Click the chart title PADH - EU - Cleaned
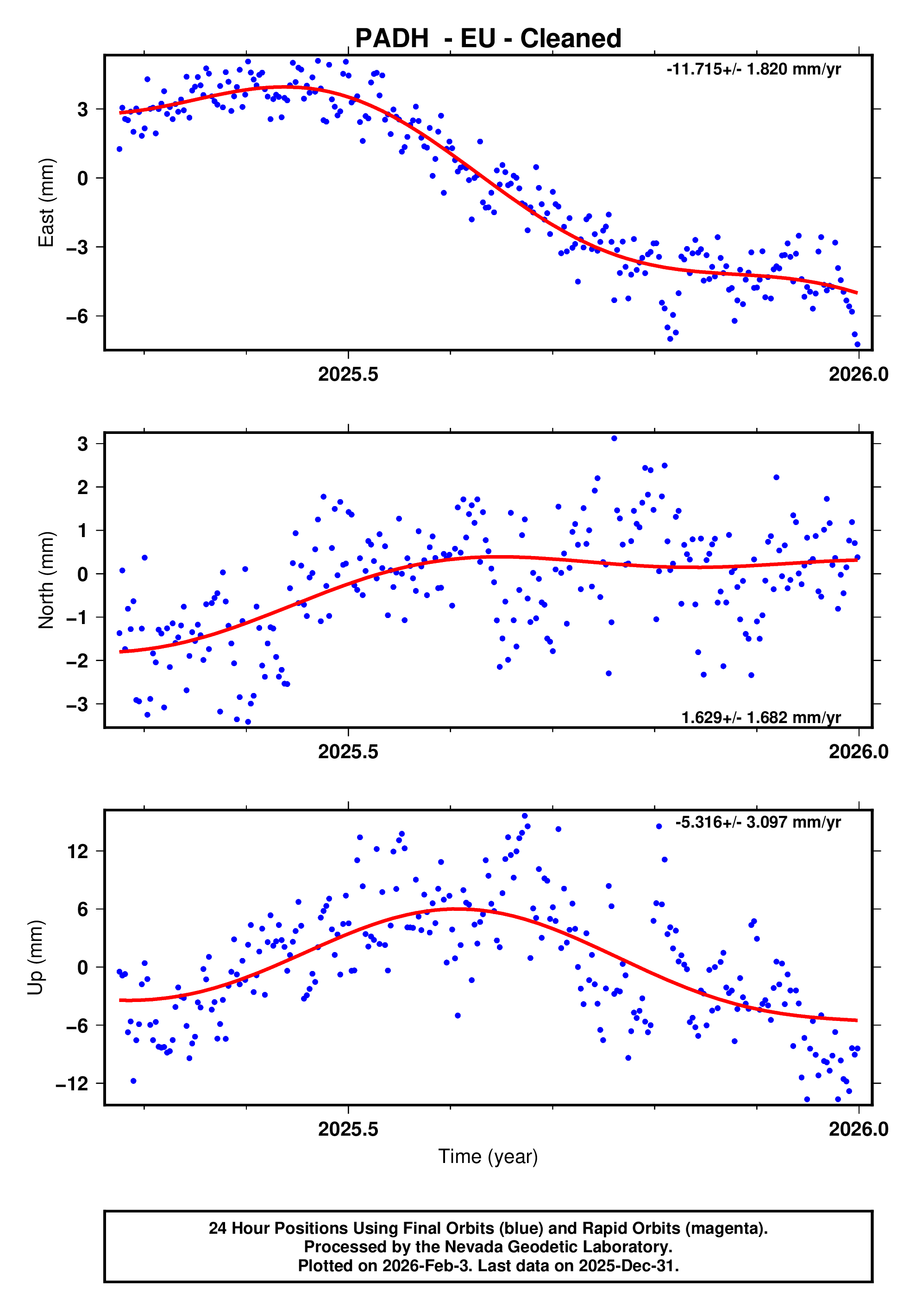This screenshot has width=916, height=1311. (x=488, y=38)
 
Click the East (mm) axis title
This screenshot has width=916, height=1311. (x=46, y=203)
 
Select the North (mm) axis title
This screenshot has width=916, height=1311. (x=46, y=580)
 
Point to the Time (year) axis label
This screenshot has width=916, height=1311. (x=488, y=1156)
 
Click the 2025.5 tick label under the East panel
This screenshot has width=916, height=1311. (x=348, y=375)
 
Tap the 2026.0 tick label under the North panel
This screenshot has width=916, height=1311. (x=858, y=752)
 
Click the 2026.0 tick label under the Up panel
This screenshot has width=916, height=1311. (x=858, y=1129)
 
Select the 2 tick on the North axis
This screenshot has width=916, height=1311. (x=83, y=487)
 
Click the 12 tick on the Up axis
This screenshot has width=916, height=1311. (x=78, y=851)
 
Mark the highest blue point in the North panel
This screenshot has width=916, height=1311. (x=614, y=439)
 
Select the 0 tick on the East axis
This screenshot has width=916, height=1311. (x=83, y=178)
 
